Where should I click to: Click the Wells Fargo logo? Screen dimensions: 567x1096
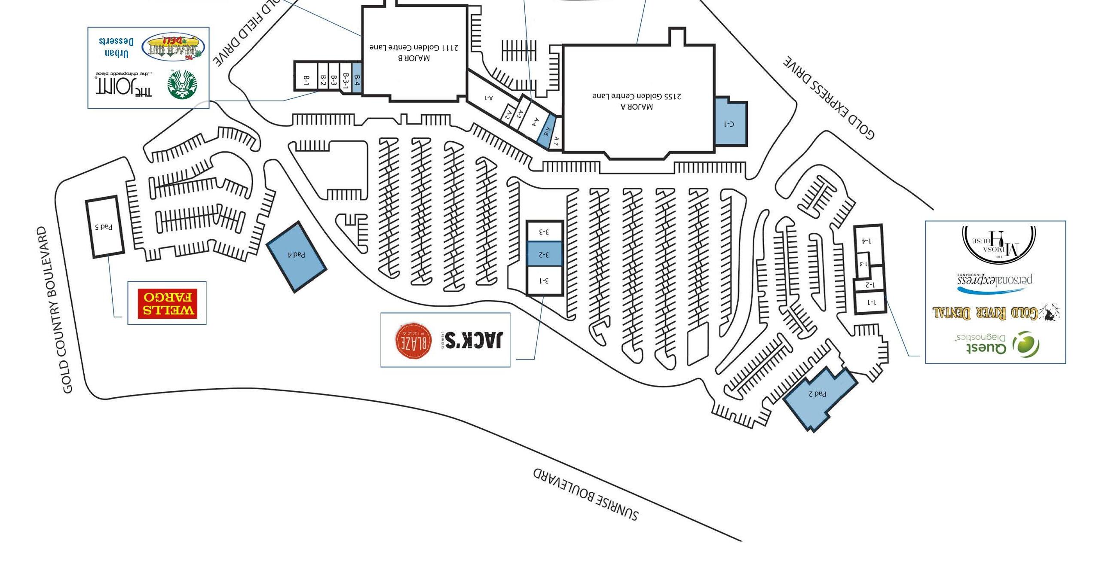pyautogui.click(x=167, y=303)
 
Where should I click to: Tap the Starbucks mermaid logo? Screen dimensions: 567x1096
pyautogui.click(x=182, y=85)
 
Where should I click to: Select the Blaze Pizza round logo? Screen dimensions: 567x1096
pyautogui.click(x=413, y=340)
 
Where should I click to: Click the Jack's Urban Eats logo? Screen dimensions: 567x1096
pyautogui.click(x=472, y=340)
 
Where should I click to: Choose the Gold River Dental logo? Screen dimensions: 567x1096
pyautogui.click(x=995, y=312)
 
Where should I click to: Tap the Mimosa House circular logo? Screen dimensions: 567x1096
pyautogui.click(x=998, y=244)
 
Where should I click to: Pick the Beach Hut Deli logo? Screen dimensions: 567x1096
pyautogui.click(x=173, y=47)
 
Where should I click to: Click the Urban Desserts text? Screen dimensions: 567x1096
pyautogui.click(x=116, y=48)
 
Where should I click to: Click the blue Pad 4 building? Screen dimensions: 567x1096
pyautogui.click(x=296, y=256)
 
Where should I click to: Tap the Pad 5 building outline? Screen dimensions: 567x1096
pyautogui.click(x=104, y=227)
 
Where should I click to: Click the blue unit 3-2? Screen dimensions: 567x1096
pyautogui.click(x=544, y=254)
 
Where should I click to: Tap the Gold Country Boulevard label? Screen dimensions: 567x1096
pyautogui.click(x=55, y=310)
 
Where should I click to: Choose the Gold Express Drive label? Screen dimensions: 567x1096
pyautogui.click(x=829, y=98)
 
